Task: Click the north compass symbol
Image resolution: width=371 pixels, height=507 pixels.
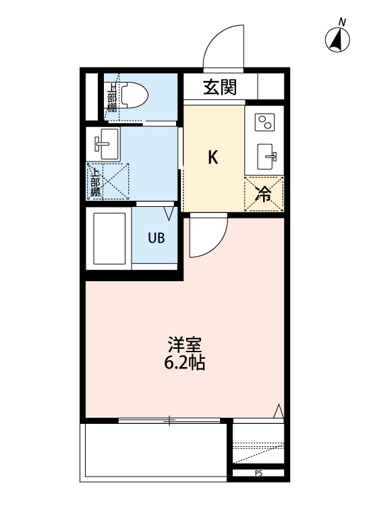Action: pos(338,40)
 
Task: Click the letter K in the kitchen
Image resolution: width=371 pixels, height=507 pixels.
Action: pos(212,158)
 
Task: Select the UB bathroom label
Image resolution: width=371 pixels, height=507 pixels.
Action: pos(156,238)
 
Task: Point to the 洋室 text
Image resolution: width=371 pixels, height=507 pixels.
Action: pos(184,343)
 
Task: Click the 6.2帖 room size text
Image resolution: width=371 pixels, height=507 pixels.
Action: pos(184,362)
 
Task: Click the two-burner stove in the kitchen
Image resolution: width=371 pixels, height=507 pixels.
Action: pos(264,122)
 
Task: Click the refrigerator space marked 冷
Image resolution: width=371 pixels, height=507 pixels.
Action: pos(264,194)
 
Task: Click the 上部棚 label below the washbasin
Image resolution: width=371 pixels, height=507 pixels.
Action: pos(95,181)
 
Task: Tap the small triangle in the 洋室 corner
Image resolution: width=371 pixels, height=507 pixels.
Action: pos(278,410)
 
